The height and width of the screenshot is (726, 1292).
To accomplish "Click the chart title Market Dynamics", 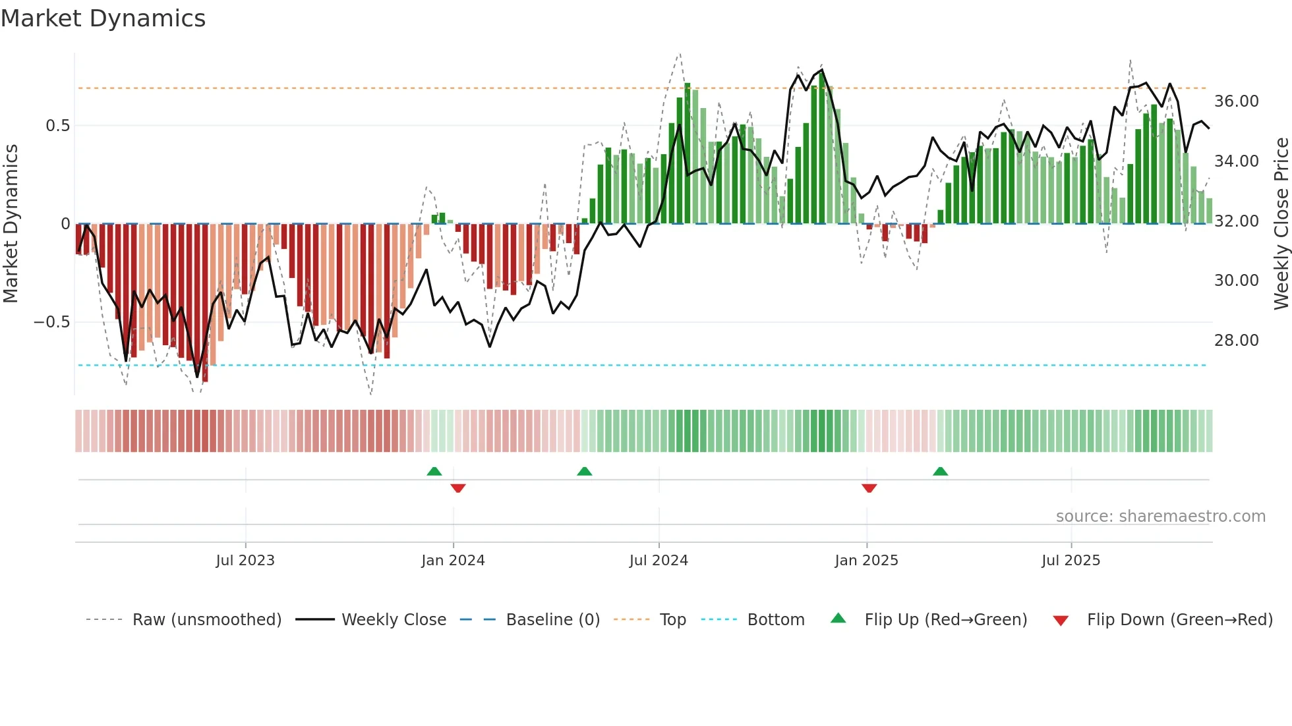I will [103, 18].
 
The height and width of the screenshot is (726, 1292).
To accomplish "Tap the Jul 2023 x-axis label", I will [245, 560].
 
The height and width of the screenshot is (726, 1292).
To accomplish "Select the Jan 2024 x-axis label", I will [453, 560].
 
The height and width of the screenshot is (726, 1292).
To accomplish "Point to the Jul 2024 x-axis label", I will [659, 560].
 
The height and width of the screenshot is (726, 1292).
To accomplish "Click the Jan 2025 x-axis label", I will [866, 560].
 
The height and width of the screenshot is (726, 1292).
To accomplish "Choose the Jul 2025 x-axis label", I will [1071, 560].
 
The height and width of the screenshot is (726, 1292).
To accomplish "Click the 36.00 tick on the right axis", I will [1237, 101].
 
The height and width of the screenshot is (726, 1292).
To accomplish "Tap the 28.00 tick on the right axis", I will [1237, 341].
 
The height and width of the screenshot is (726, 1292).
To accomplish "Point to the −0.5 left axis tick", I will [51, 322].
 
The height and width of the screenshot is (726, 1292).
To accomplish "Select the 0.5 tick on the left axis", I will [57, 126].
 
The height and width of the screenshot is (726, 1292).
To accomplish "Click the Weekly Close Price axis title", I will [1281, 224].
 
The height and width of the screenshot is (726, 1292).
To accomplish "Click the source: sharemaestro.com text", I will [1160, 517].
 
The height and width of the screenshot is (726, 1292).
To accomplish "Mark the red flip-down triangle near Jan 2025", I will [869, 488].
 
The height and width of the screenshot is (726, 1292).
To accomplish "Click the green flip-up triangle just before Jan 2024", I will [434, 471].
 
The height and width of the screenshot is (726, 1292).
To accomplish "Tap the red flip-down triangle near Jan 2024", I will [458, 488].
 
